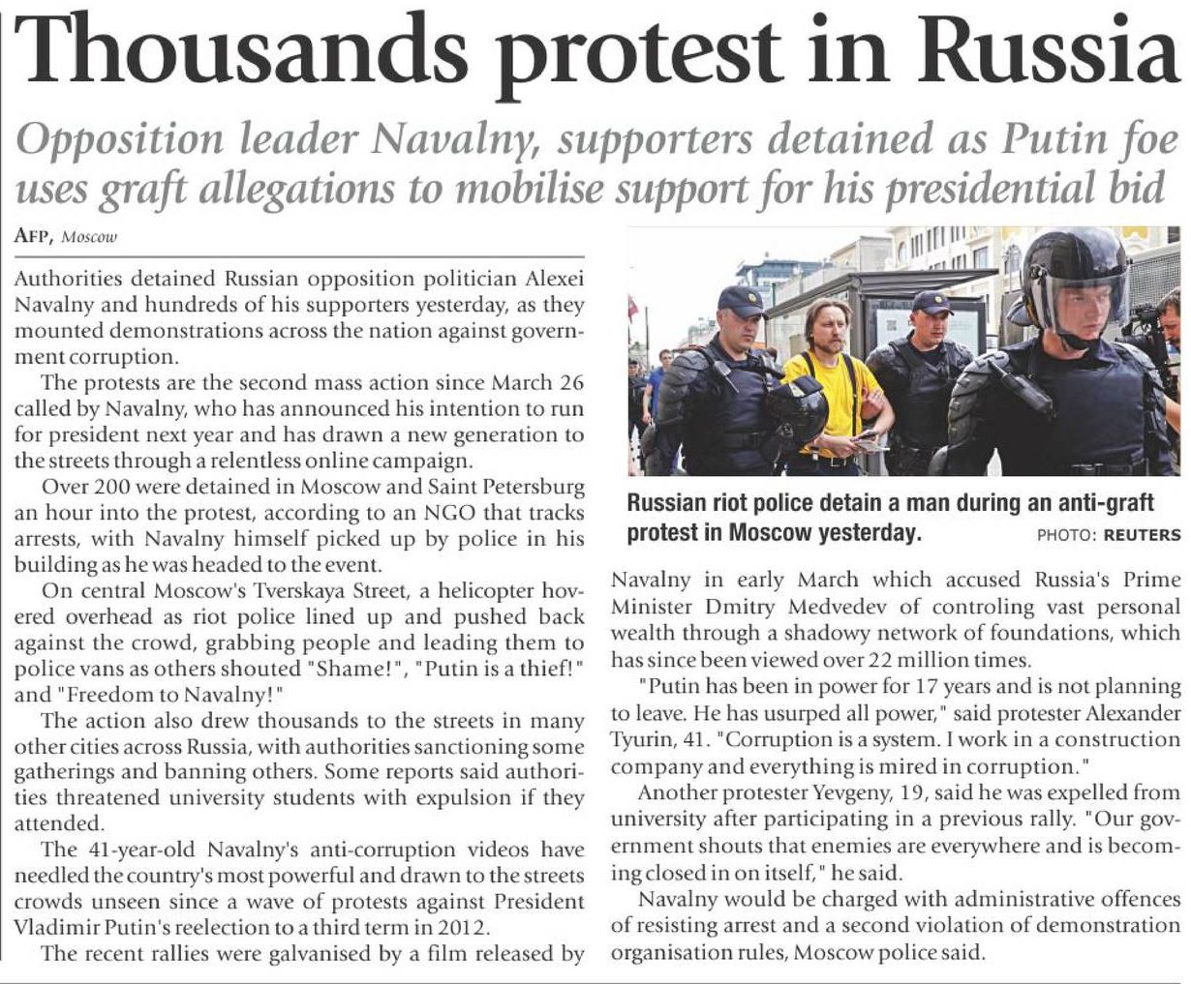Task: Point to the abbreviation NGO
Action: click(440, 512)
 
